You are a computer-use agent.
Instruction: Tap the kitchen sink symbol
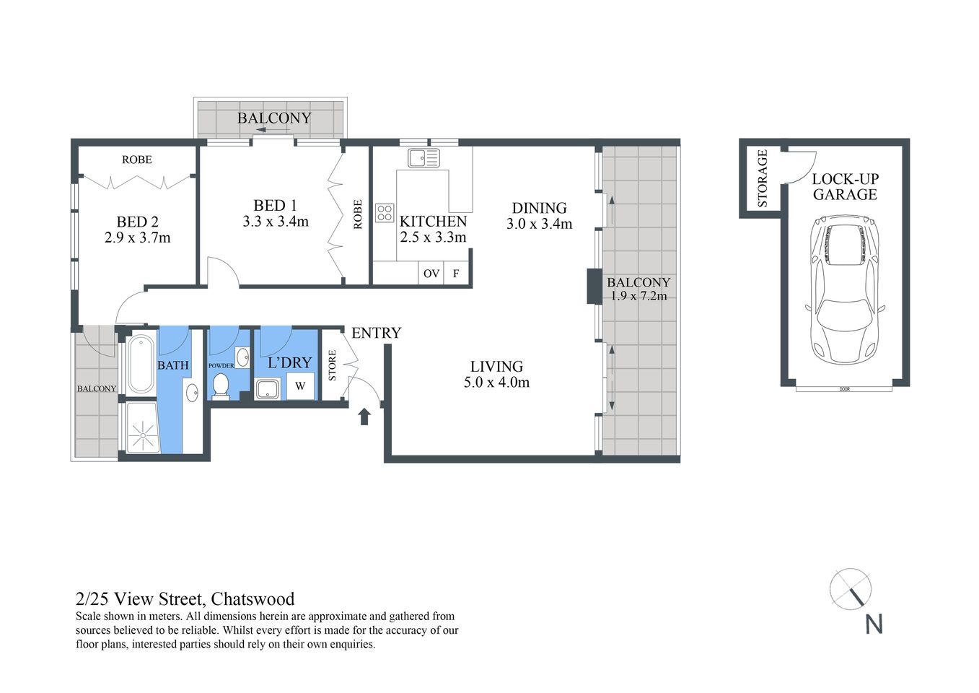(423, 157)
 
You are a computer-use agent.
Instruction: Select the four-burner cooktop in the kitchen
(385, 212)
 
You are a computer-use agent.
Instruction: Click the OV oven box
(431, 274)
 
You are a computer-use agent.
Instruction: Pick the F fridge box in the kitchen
(456, 274)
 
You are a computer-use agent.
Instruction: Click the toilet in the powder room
(221, 385)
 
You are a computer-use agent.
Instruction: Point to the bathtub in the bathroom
(141, 365)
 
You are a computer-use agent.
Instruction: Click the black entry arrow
(364, 416)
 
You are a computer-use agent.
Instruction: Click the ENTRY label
(376, 333)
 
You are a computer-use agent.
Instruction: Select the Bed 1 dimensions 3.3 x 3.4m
(276, 222)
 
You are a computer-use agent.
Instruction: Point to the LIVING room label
(496, 367)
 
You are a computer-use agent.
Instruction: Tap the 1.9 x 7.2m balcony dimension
(638, 296)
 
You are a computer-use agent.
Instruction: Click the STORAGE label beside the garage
(763, 179)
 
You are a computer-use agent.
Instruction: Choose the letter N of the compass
(874, 624)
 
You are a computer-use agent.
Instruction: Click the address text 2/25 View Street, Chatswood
(185, 599)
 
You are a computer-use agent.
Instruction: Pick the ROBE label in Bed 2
(136, 160)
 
